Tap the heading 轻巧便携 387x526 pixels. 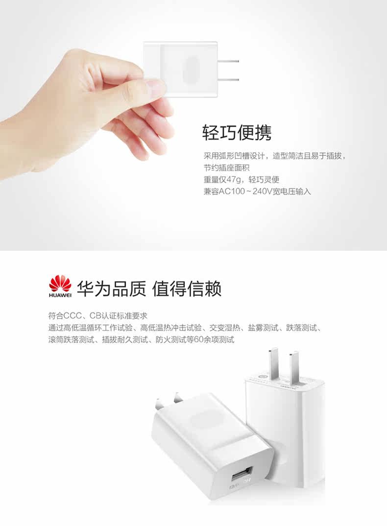coord(237,132)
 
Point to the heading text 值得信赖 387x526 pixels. coord(187,289)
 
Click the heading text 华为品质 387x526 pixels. coord(111,289)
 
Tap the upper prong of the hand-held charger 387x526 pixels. coord(228,61)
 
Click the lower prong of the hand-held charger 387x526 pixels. coord(228,79)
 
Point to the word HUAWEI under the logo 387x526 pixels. coord(60,295)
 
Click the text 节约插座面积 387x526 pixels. coord(227,168)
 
